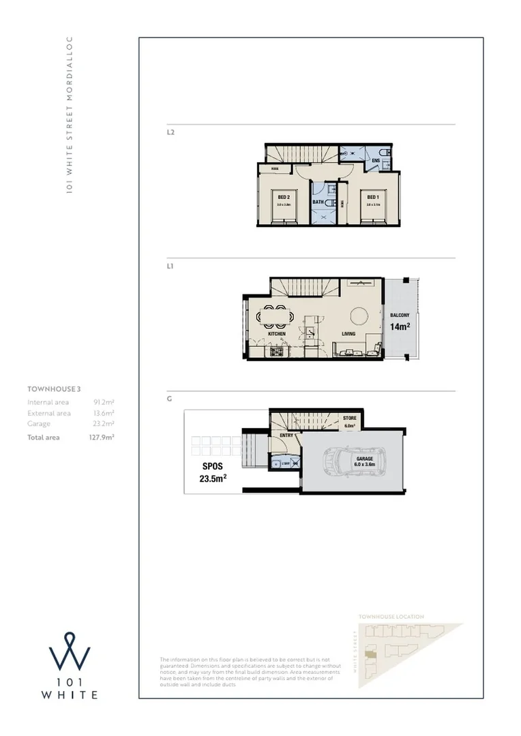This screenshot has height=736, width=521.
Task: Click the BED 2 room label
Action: click(x=284, y=197)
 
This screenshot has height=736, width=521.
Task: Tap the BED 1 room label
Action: click(x=372, y=197)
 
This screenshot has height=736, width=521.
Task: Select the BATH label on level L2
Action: click(x=318, y=202)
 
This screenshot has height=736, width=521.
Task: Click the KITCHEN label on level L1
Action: click(x=276, y=334)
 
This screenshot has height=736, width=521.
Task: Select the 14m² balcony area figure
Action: click(x=400, y=326)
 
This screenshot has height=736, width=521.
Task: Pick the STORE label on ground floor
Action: click(x=350, y=418)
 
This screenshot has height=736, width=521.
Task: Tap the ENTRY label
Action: click(x=287, y=435)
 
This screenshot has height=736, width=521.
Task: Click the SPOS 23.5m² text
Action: click(x=213, y=473)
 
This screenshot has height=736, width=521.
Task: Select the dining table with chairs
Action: click(x=275, y=316)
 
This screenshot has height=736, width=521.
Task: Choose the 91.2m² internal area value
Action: click(x=104, y=402)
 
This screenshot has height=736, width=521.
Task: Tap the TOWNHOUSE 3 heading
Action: click(x=54, y=389)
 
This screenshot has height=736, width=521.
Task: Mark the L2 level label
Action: click(x=170, y=132)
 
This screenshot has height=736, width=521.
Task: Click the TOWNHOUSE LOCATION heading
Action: click(x=391, y=617)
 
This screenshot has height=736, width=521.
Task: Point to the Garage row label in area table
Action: click(x=39, y=424)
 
